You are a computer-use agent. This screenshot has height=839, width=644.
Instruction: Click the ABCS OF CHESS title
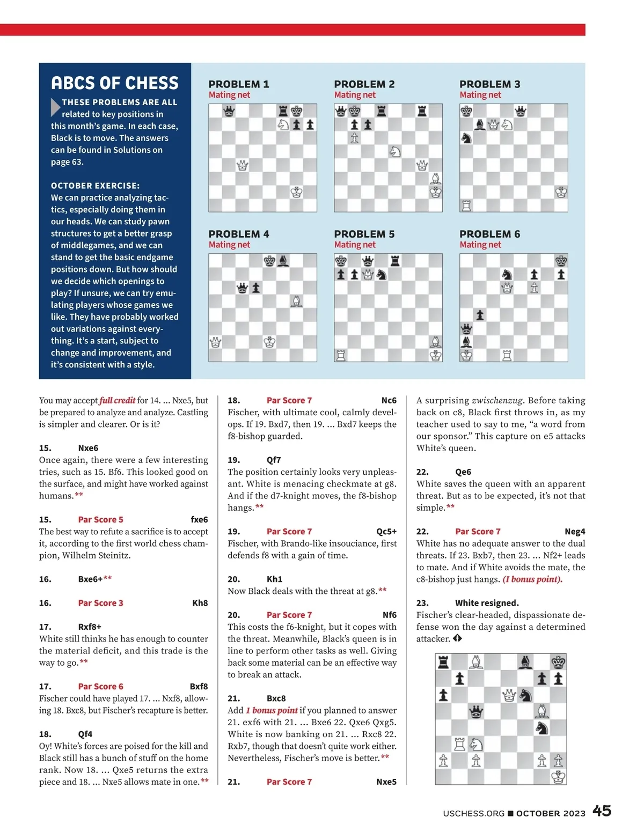(114, 83)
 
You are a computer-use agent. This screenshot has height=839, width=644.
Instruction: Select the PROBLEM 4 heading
(239, 234)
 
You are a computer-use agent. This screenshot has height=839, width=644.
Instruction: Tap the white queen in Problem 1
(243, 165)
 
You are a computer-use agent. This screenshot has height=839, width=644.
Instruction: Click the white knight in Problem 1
(283, 125)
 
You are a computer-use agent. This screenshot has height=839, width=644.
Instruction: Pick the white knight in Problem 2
(395, 152)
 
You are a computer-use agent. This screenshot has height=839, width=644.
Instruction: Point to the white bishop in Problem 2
(436, 178)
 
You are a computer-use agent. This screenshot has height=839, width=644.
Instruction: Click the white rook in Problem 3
(466, 205)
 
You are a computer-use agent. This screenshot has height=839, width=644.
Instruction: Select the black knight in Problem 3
(466, 138)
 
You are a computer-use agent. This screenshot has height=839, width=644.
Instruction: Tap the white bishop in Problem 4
(296, 301)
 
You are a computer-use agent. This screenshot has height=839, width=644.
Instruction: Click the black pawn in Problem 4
(257, 288)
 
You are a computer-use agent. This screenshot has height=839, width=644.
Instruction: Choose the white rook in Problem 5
(341, 355)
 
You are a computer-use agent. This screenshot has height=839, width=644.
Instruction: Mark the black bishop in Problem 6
(466, 342)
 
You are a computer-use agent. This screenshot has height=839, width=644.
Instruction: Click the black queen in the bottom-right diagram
(476, 712)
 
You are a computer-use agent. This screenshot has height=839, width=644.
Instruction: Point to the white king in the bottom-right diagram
(558, 777)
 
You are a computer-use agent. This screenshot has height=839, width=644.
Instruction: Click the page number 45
(602, 811)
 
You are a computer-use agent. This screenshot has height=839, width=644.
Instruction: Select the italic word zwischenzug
(497, 400)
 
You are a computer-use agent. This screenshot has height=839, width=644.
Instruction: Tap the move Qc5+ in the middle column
(386, 531)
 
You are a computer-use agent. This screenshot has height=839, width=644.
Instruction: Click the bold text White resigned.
(487, 603)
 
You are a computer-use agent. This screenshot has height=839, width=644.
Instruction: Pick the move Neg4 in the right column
(575, 531)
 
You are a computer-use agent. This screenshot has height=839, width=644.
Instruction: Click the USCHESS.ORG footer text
(473, 813)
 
